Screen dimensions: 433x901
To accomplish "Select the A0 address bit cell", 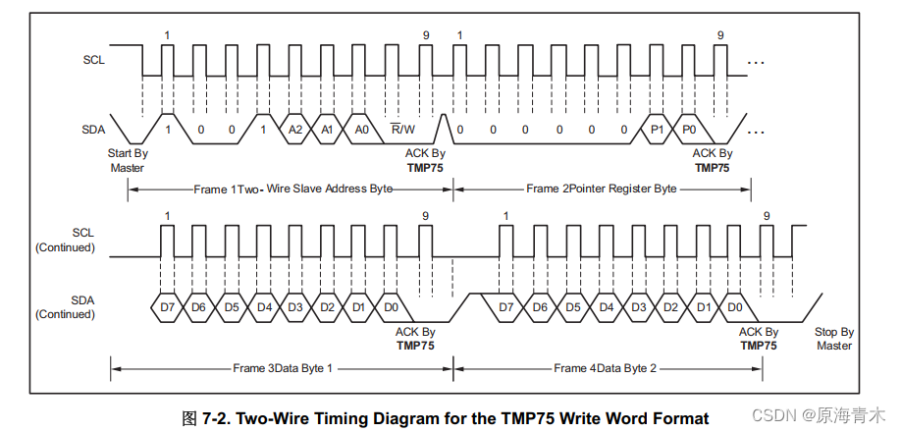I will (362, 130).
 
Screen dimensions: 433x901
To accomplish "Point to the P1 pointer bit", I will (658, 130).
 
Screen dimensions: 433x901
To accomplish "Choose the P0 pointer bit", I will (690, 130).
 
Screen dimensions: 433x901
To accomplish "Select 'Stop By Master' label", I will (833, 339).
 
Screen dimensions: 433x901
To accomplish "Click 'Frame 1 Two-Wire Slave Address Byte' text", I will (293, 189).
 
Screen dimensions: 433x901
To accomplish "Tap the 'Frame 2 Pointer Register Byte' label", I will (601, 189).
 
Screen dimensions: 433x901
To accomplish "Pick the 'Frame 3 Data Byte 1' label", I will (283, 368).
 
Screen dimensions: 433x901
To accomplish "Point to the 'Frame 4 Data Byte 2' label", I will (605, 368).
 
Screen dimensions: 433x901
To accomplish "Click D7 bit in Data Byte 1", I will (166, 307).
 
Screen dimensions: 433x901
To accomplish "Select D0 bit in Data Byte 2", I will (734, 307).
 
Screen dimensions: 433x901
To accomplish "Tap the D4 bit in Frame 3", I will (263, 307).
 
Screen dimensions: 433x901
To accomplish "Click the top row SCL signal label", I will (93, 59).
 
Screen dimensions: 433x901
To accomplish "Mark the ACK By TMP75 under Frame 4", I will (758, 339).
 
